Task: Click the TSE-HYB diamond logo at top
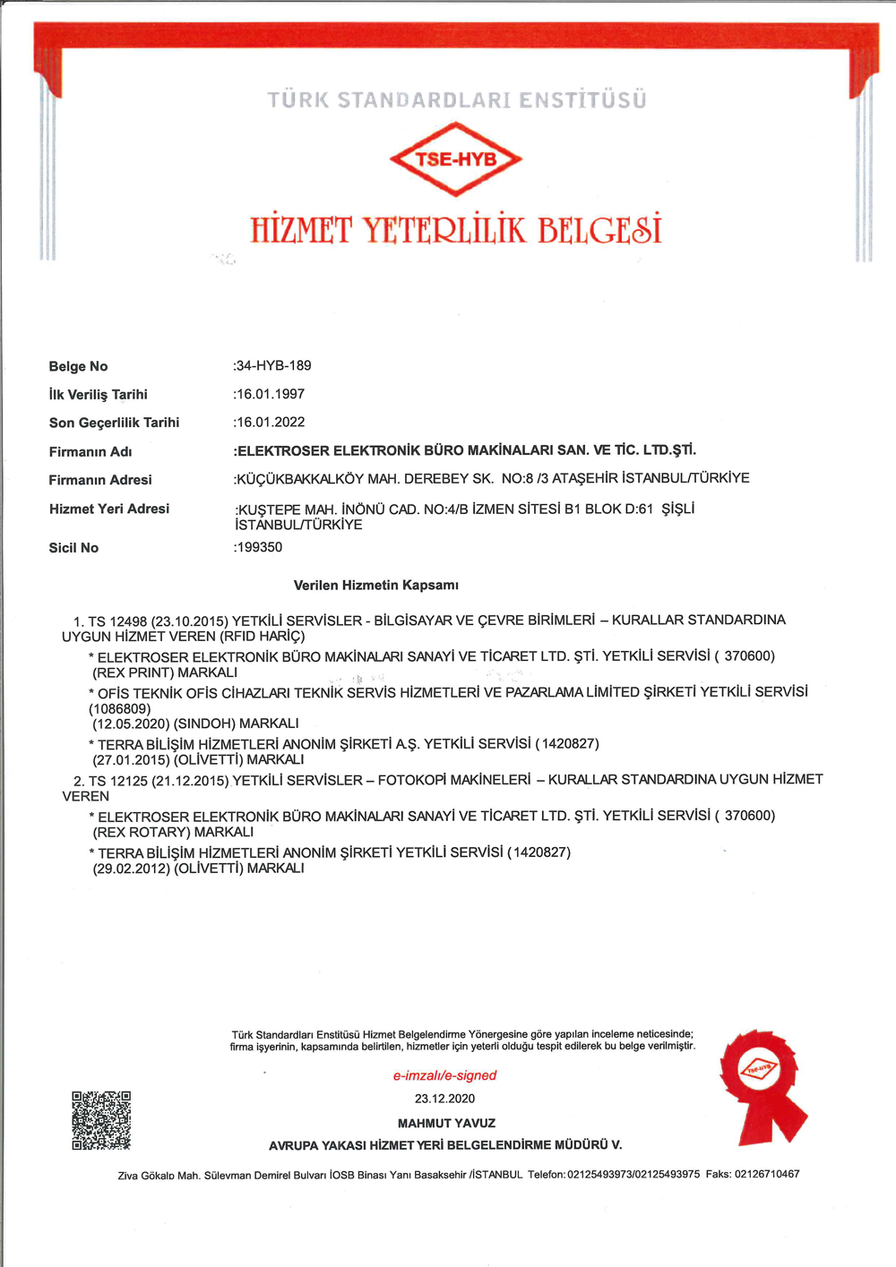pyautogui.click(x=455, y=160)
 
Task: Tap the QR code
pyautogui.click(x=101, y=1119)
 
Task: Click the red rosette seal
pyautogui.click(x=762, y=1084)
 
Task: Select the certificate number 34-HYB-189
pyautogui.click(x=273, y=365)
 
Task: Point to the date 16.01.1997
pyautogui.click(x=270, y=394)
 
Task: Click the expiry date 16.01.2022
pyautogui.click(x=270, y=422)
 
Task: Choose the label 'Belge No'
pyautogui.click(x=78, y=366)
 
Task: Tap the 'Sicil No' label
pyautogui.click(x=73, y=548)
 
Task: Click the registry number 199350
pyautogui.click(x=259, y=547)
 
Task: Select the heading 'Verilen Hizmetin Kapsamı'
pyautogui.click(x=375, y=586)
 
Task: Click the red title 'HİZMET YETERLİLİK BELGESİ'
pyautogui.click(x=455, y=230)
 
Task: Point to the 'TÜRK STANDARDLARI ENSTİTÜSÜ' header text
pyautogui.click(x=456, y=100)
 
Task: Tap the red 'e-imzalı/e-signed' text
pyautogui.click(x=444, y=1075)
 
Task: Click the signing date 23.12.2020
pyautogui.click(x=444, y=1099)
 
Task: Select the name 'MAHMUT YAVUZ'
pyautogui.click(x=446, y=1123)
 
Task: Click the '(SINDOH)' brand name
pyautogui.click(x=203, y=723)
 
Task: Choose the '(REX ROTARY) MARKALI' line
pyautogui.click(x=173, y=832)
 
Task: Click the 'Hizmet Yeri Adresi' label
pyautogui.click(x=108, y=509)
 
